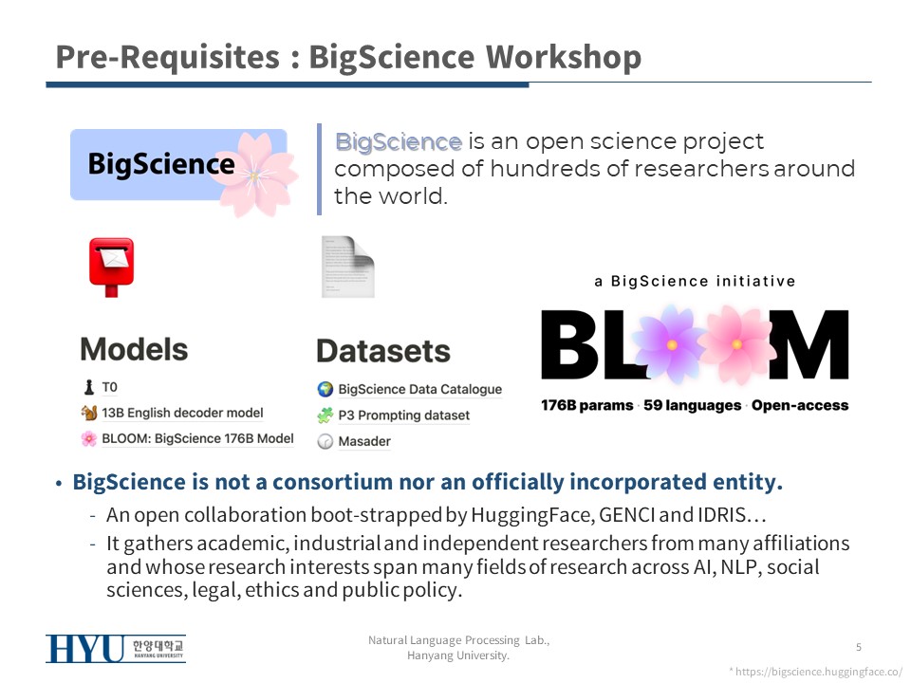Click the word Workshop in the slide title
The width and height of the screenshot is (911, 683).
[x=563, y=58]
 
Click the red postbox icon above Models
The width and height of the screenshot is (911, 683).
[x=112, y=268]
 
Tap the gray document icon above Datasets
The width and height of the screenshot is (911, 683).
[x=348, y=267]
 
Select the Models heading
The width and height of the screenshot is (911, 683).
[x=134, y=349]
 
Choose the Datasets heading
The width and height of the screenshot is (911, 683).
[x=383, y=351]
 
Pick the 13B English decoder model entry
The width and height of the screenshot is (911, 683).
[x=172, y=413]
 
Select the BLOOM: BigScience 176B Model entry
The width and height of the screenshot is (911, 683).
[x=188, y=438]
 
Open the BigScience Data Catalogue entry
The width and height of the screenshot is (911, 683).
[x=410, y=389]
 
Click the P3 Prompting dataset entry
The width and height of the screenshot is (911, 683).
[x=393, y=415]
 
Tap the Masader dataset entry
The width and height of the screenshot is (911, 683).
[x=354, y=441]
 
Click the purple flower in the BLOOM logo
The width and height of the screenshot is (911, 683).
[x=671, y=344]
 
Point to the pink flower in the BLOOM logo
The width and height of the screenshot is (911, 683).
[x=736, y=344]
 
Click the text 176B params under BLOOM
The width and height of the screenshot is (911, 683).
[x=586, y=405]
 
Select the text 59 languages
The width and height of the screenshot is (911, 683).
[x=693, y=405]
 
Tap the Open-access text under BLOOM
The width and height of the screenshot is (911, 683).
[x=800, y=405]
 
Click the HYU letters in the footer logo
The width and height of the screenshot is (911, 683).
[x=85, y=649]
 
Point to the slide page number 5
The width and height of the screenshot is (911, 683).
[x=859, y=647]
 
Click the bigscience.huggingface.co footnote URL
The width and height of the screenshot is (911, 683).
[x=819, y=672]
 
